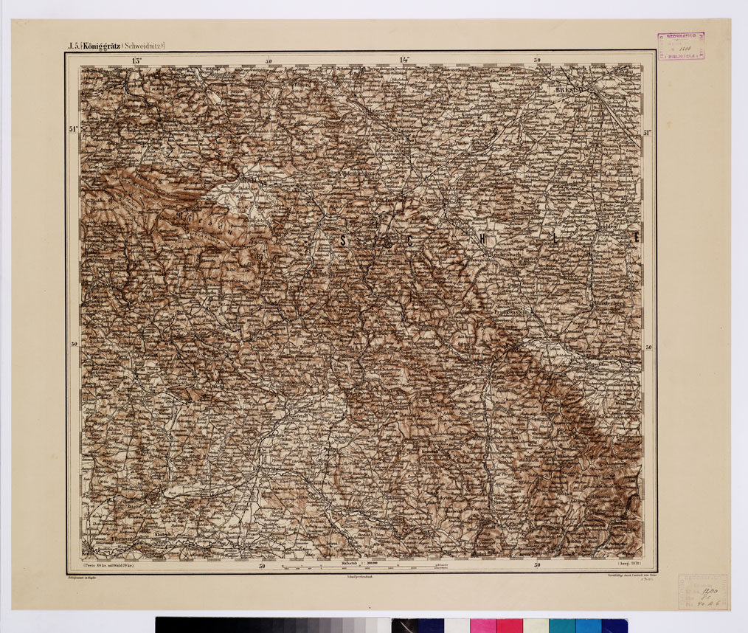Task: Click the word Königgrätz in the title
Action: coord(102,46)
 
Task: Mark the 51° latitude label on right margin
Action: coord(648,133)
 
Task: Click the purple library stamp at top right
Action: coord(681,46)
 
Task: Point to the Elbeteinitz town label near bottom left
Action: coord(122,539)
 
